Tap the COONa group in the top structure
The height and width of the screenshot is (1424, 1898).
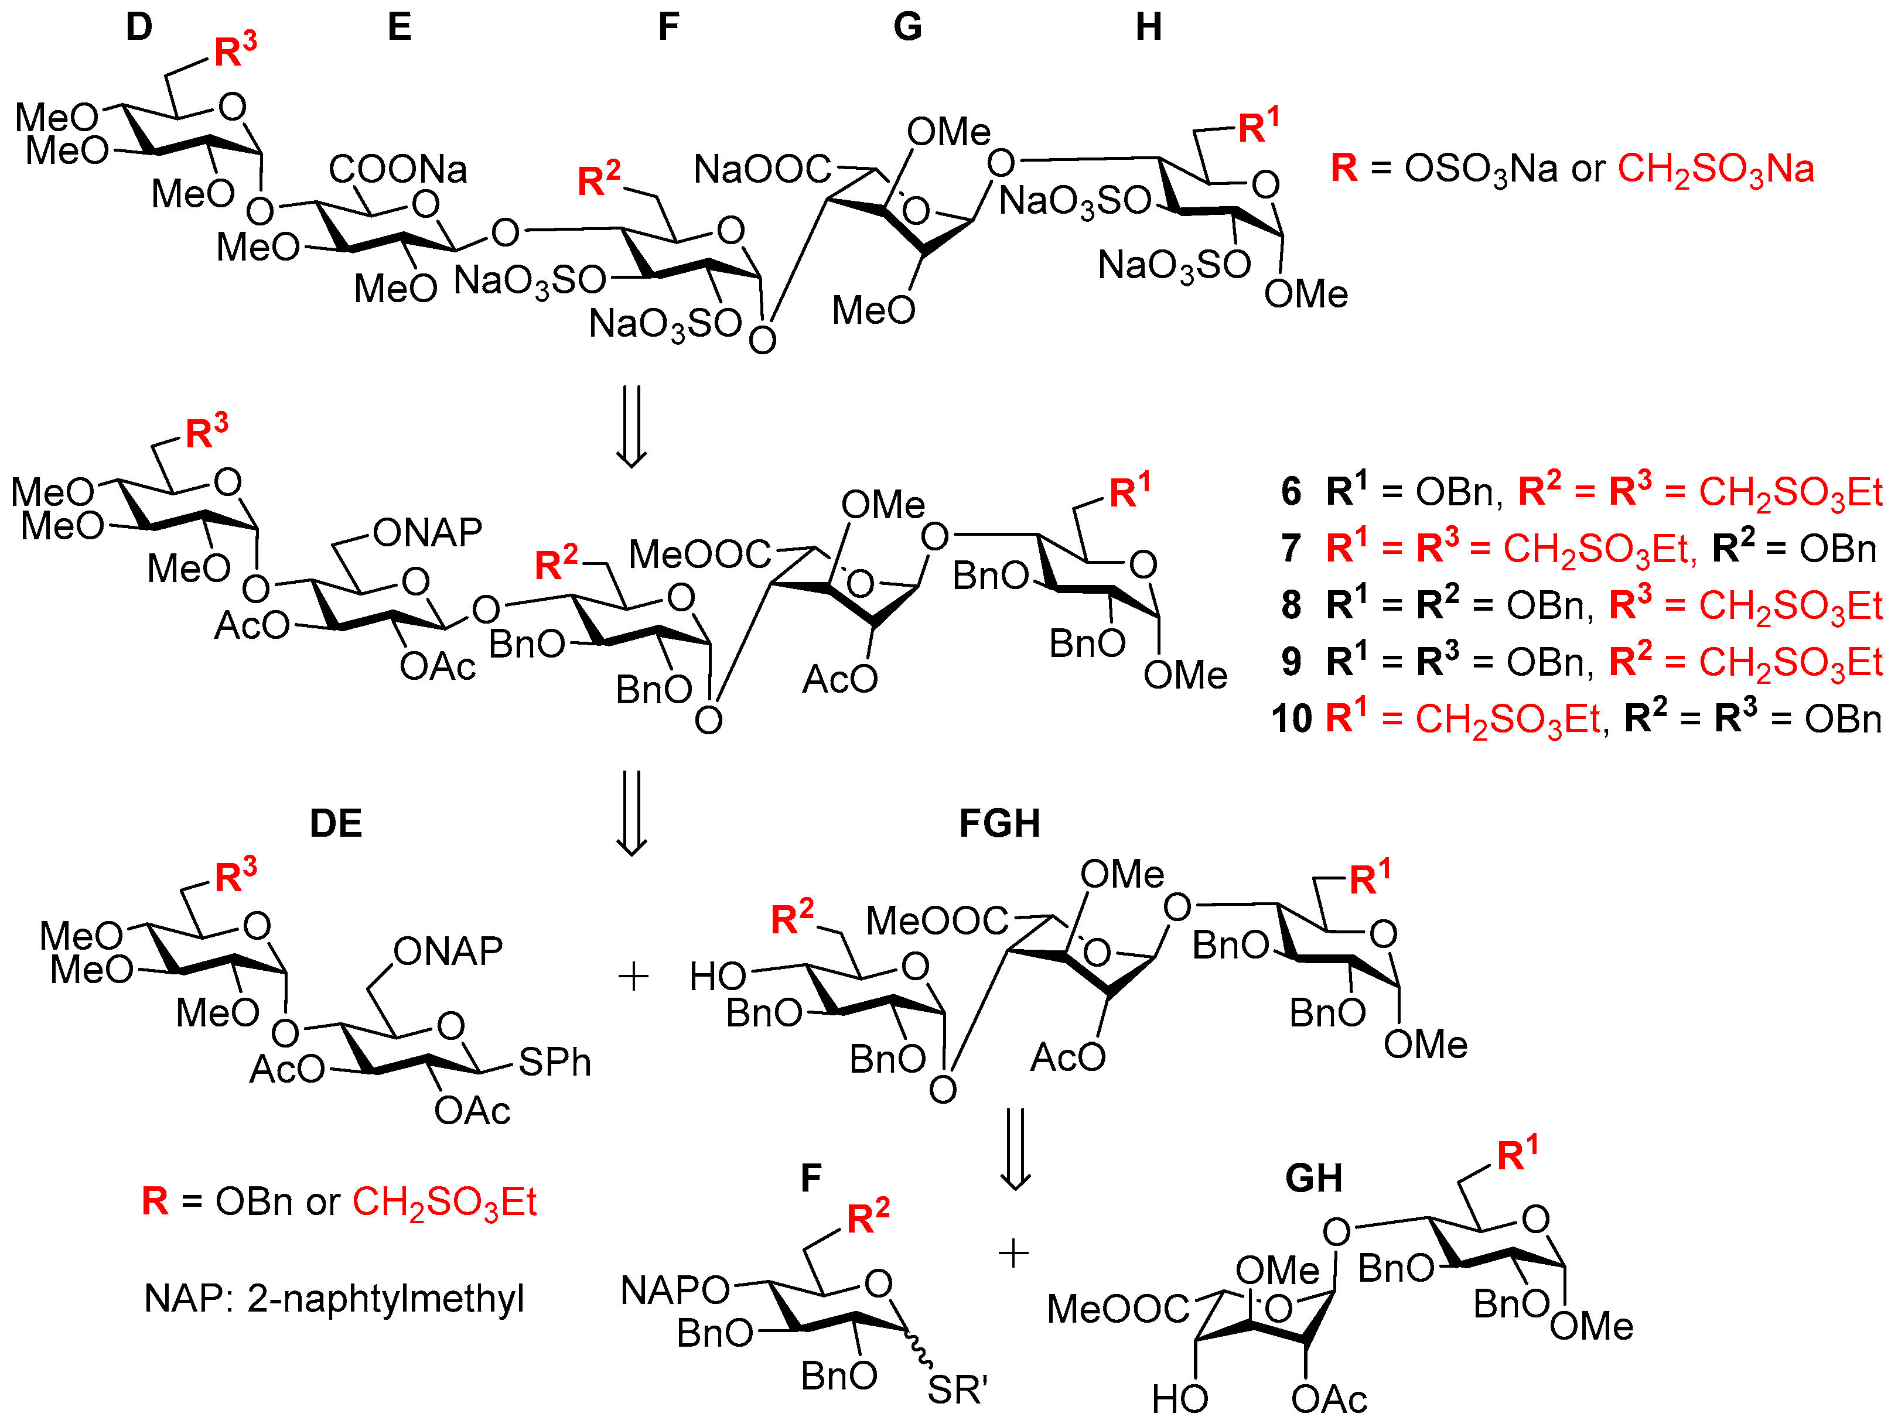pyautogui.click(x=397, y=169)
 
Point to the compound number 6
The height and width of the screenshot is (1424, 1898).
pyautogui.click(x=1291, y=491)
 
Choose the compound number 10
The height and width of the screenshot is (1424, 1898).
pyautogui.click(x=1291, y=718)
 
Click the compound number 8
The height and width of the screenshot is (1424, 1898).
pyautogui.click(x=1291, y=605)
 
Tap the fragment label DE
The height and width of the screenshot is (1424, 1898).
pyautogui.click(x=336, y=823)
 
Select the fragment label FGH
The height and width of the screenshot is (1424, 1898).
pyautogui.click(x=999, y=823)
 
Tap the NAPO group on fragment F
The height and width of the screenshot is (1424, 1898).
pyautogui.click(x=674, y=1290)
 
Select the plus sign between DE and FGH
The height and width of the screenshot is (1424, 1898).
pyautogui.click(x=633, y=976)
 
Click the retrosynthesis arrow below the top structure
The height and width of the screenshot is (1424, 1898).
pyautogui.click(x=631, y=426)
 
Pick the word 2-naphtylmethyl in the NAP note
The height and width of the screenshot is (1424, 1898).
pyautogui.click(x=385, y=1299)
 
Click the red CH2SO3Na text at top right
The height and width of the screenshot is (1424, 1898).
pyautogui.click(x=1715, y=169)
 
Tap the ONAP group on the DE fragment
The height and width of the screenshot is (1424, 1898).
pyautogui.click(x=448, y=951)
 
